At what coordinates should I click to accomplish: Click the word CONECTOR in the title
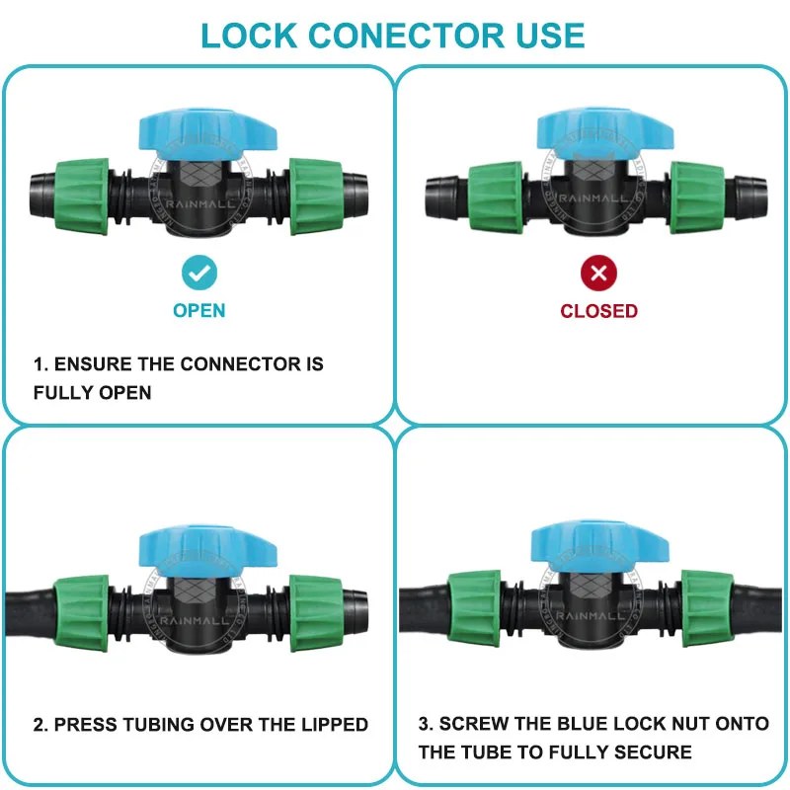[x=399, y=35]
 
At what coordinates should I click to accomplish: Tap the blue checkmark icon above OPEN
[x=199, y=272]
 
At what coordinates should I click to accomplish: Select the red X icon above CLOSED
[x=598, y=273]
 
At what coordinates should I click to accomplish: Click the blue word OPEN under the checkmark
[x=199, y=310]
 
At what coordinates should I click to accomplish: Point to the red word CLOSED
[x=598, y=310]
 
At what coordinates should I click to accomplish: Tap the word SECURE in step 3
[x=653, y=752]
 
